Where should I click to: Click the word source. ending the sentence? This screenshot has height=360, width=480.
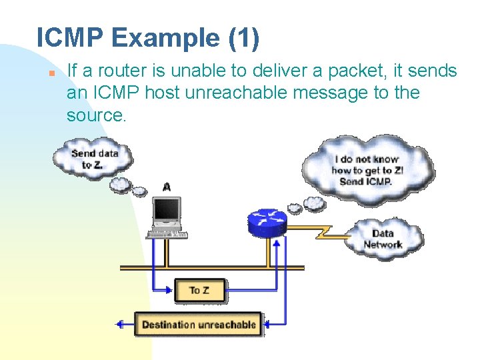click(x=96, y=115)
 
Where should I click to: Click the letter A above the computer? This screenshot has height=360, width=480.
click(x=166, y=187)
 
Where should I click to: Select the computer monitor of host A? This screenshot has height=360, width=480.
click(x=166, y=211)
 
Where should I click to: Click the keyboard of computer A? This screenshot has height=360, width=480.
click(x=167, y=233)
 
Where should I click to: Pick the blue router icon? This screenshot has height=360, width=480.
click(x=267, y=221)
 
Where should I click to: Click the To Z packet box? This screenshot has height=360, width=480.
click(x=199, y=290)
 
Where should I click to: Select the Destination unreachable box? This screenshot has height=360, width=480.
click(x=199, y=325)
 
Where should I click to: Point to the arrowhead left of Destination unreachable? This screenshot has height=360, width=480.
click(x=121, y=325)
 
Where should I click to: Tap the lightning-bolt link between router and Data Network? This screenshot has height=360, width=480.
click(x=323, y=233)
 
